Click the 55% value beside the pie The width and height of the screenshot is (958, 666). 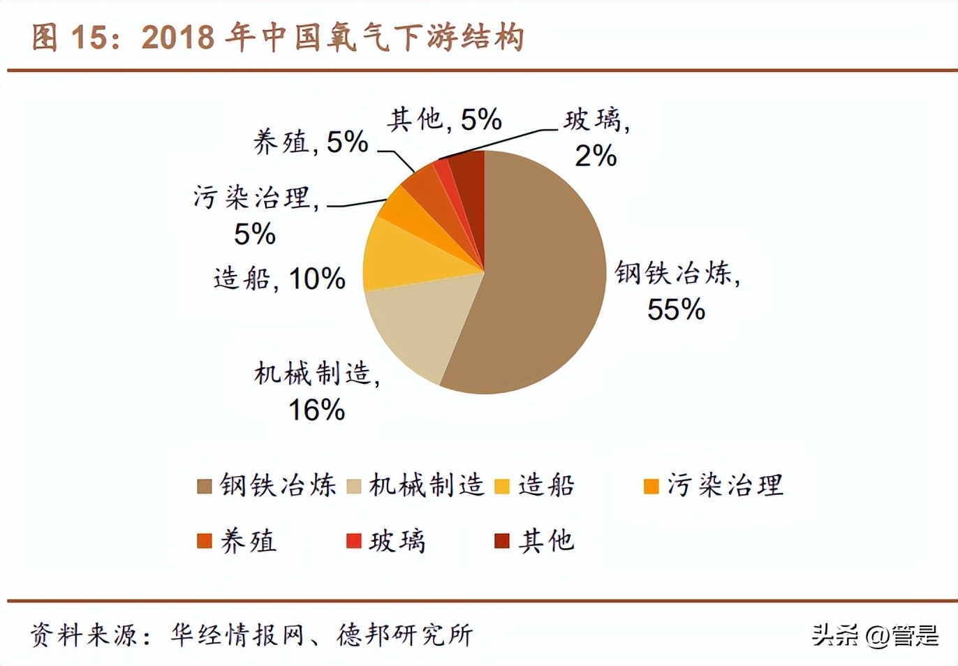(676, 310)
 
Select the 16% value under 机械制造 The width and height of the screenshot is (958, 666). (316, 410)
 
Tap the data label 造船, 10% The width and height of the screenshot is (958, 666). (279, 279)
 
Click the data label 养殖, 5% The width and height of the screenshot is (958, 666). (310, 142)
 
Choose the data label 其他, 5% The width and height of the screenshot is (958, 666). (444, 120)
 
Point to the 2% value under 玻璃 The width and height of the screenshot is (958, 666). (595, 156)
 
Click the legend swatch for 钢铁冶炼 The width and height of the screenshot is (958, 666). (204, 487)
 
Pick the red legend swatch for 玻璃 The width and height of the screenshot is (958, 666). (353, 541)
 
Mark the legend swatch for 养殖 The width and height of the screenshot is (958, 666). (204, 541)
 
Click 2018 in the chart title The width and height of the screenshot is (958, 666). (177, 38)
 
